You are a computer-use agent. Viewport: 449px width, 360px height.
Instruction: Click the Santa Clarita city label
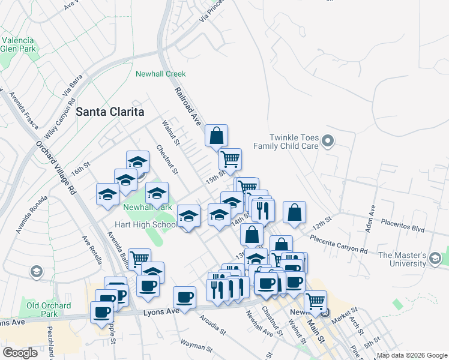[x=110, y=112]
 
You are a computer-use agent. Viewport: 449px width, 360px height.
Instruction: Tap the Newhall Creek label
[x=160, y=74]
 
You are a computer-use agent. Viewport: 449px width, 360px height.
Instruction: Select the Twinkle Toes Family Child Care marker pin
[x=327, y=142]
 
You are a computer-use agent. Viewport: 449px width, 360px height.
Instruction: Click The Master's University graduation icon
[x=435, y=259]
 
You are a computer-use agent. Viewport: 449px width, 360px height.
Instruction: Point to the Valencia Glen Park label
[x=18, y=44]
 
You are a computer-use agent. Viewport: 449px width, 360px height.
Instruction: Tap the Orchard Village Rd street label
[x=56, y=167]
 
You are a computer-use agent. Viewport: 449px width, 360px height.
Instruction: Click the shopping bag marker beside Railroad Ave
[x=217, y=136]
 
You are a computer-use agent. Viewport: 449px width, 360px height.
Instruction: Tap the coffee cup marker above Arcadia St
[x=185, y=297]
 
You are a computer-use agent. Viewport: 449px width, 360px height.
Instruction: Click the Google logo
[x=20, y=353]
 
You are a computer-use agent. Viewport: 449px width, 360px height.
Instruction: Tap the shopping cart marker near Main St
[x=315, y=301]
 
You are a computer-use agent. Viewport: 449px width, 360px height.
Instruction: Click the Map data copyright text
[x=412, y=356]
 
